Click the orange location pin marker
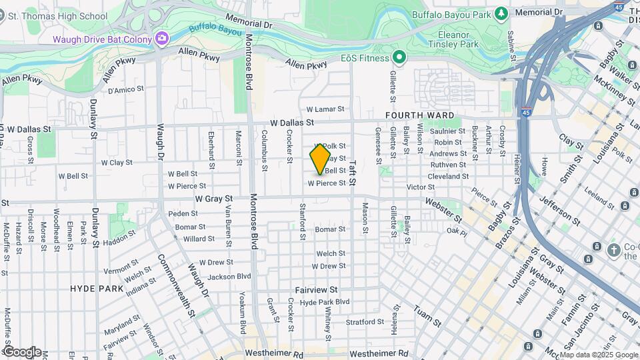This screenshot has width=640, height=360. (x=320, y=159)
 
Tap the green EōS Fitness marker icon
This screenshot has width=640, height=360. (x=399, y=57)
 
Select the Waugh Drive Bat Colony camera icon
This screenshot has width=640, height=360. (x=161, y=39)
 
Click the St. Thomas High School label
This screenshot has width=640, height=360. (x=59, y=16)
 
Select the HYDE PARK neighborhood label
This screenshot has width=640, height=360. (x=97, y=289)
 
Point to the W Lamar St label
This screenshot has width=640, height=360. (x=325, y=109)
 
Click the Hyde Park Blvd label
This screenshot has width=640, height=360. (x=325, y=302)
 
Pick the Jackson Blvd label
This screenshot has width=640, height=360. (x=229, y=276)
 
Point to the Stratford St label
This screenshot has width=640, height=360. (x=365, y=321)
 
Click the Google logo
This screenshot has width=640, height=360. (x=21, y=351)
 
